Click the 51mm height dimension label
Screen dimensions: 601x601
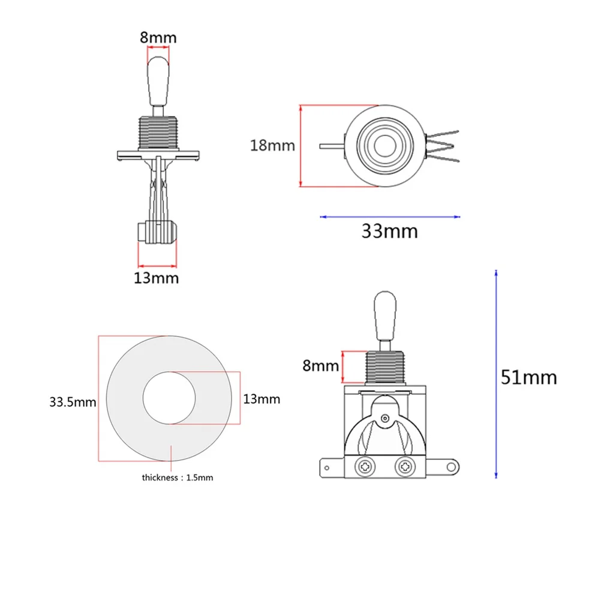tap(528, 377)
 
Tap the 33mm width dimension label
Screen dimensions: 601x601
tap(389, 231)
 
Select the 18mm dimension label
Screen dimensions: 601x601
tap(272, 146)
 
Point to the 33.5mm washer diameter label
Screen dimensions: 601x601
tap(73, 402)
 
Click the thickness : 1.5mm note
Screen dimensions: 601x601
tap(178, 477)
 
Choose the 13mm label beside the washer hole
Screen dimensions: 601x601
tap(262, 399)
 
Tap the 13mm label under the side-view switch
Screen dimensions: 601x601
tap(156, 278)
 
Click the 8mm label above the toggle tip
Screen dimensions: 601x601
tap(158, 38)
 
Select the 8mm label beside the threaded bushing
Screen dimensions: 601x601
tap(320, 366)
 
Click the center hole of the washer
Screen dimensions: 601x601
tap(169, 398)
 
